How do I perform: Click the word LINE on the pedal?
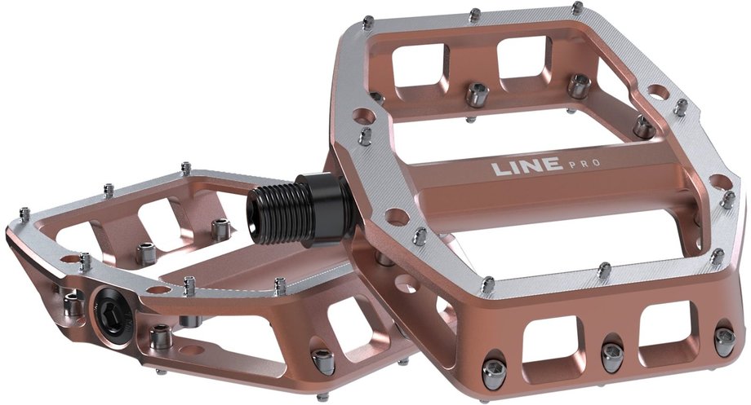[x=526, y=166]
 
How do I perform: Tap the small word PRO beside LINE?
[x=584, y=164]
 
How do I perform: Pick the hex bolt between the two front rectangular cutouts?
[x=612, y=351]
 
